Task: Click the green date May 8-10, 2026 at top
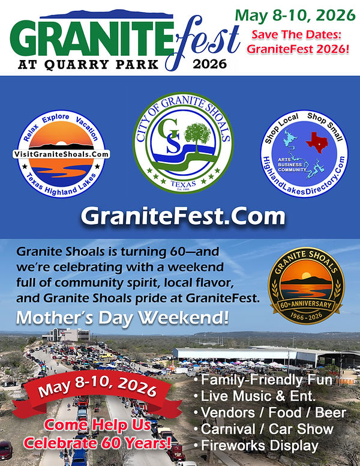click(x=295, y=15)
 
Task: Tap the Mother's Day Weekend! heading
click(x=122, y=318)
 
